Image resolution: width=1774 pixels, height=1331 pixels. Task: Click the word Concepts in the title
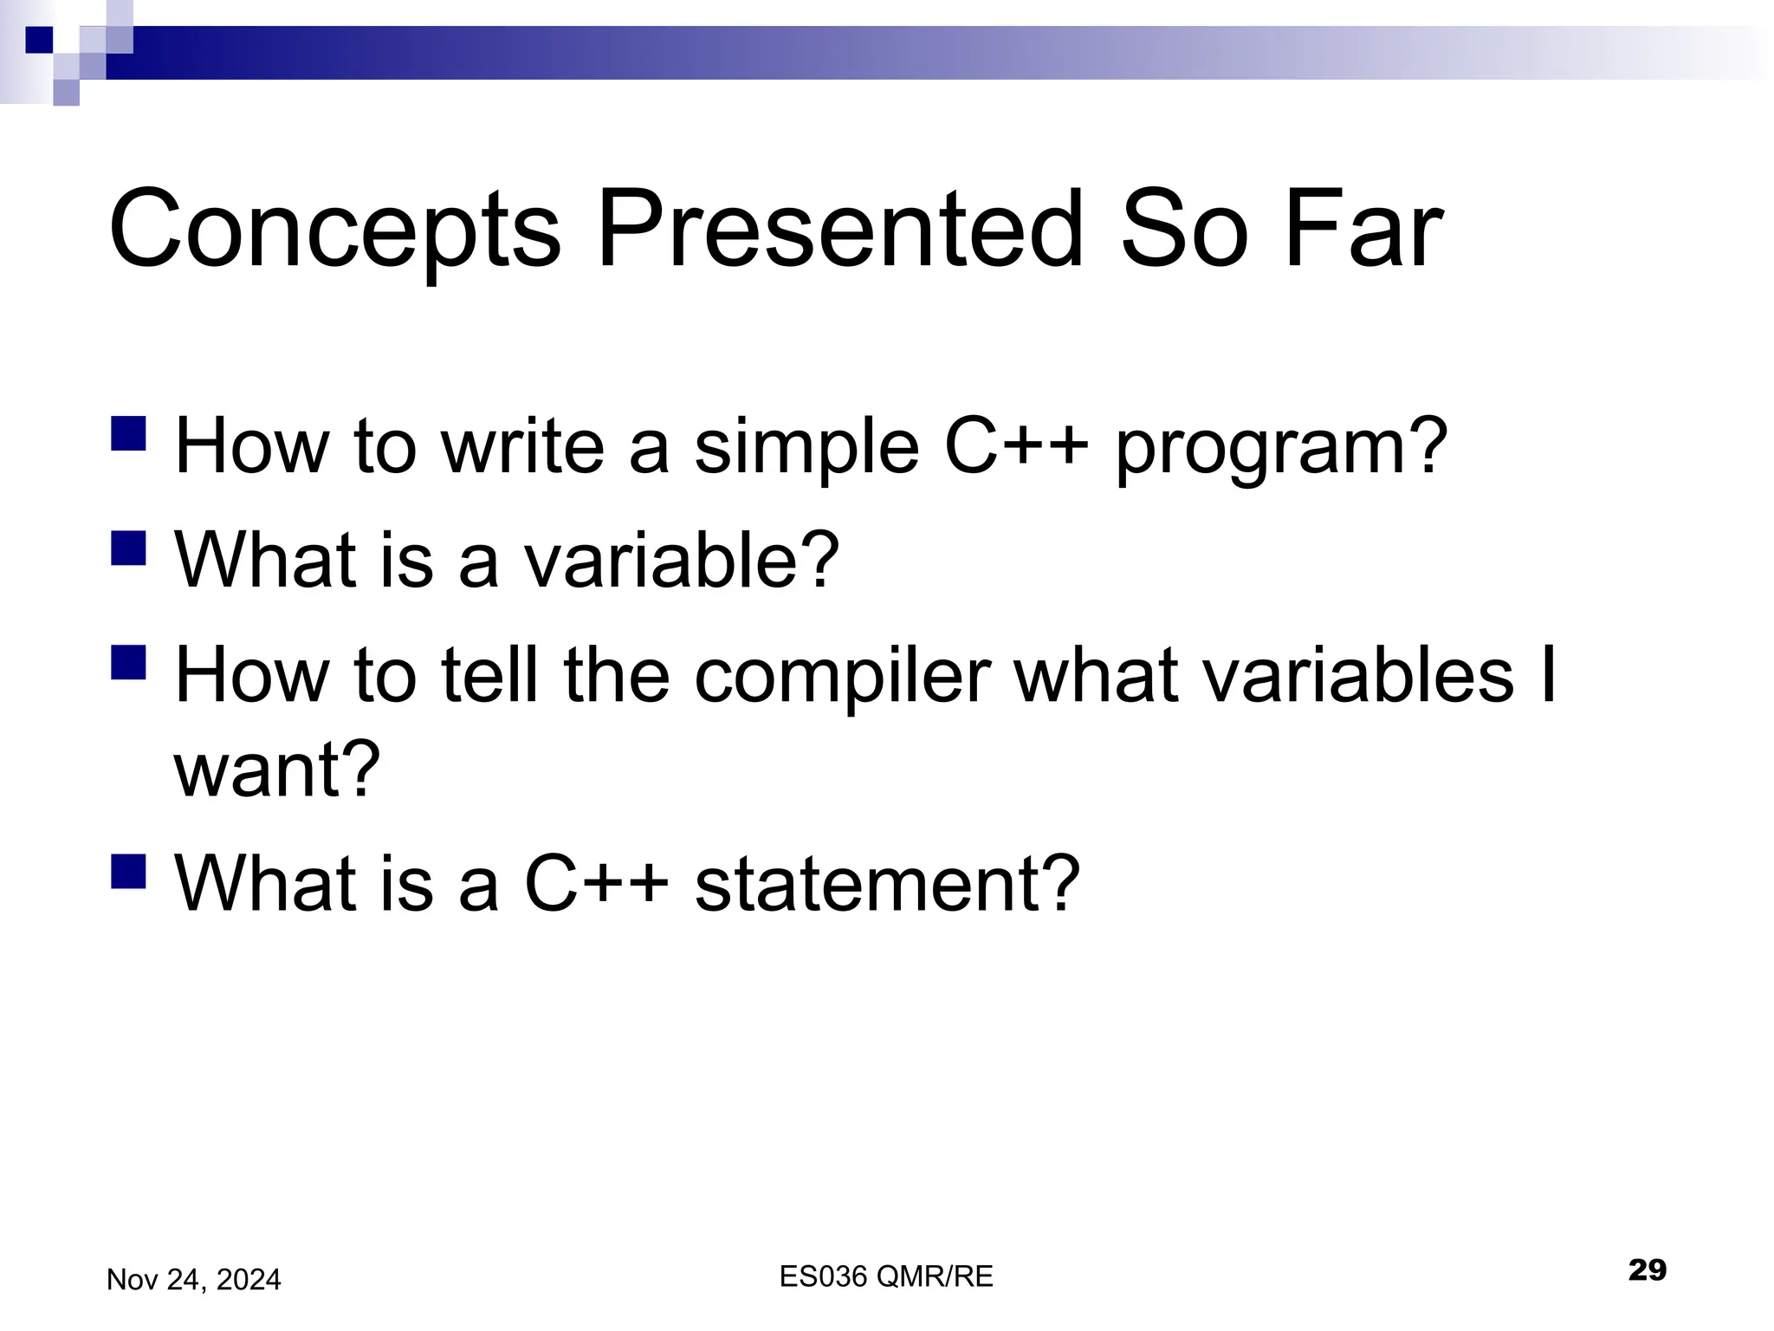pyautogui.click(x=335, y=230)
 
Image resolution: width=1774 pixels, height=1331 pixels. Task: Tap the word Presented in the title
pyautogui.click(x=839, y=229)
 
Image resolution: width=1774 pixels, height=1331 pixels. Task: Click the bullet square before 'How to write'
pyautogui.click(x=128, y=434)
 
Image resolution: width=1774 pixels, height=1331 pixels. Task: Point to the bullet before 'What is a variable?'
pyautogui.click(x=128, y=549)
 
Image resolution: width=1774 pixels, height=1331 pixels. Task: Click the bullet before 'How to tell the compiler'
pyautogui.click(x=128, y=662)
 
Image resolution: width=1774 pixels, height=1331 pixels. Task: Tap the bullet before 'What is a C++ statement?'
pyautogui.click(x=128, y=872)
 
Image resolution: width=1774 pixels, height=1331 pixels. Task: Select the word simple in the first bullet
pyautogui.click(x=806, y=447)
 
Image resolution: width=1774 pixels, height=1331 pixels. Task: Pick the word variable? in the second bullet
pyautogui.click(x=683, y=559)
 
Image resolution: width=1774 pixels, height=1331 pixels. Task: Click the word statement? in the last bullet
pyautogui.click(x=887, y=883)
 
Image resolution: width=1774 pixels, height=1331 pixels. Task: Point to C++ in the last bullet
pyautogui.click(x=597, y=883)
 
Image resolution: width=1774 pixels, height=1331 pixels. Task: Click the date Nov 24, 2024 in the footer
pyautogui.click(x=193, y=1279)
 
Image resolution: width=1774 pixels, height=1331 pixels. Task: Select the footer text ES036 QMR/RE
pyautogui.click(x=886, y=1276)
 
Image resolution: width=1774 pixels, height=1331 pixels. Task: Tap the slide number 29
pyautogui.click(x=1647, y=1270)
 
